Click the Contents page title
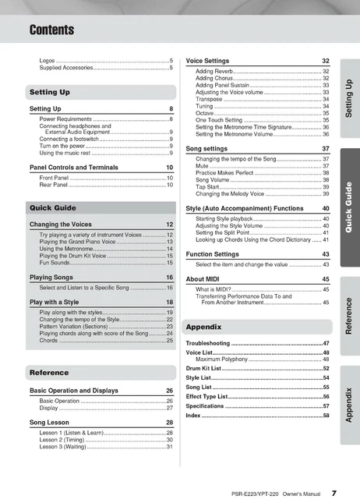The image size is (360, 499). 52,30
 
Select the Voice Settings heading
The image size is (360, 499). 207,60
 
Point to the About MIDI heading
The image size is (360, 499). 205,278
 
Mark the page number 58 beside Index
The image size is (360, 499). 326,416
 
